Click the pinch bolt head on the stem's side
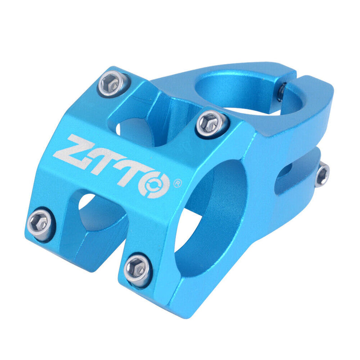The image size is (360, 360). pyautogui.click(x=322, y=174)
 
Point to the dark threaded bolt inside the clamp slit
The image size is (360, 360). pyautogui.click(x=280, y=92)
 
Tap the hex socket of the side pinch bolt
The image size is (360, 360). pyautogui.click(x=322, y=174)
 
